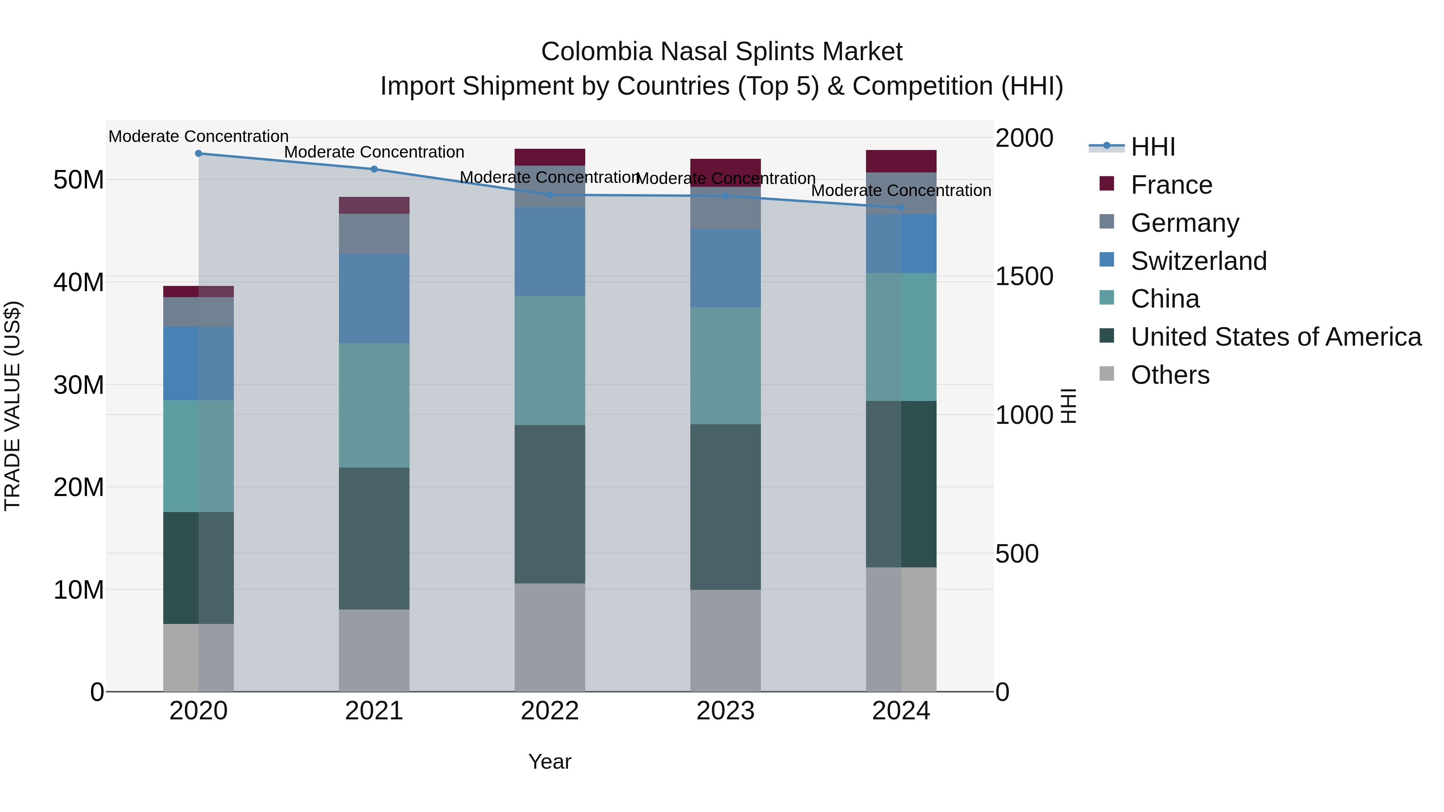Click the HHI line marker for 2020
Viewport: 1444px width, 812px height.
coord(199,154)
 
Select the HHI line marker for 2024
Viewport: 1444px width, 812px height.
coord(901,208)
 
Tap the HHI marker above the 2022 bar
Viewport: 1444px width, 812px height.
coord(550,195)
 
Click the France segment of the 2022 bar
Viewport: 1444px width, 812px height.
coord(550,157)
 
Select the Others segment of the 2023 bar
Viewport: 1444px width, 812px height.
coord(725,640)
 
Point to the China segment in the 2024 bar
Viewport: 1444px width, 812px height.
coord(901,337)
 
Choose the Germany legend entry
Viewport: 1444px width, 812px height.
coord(1184,223)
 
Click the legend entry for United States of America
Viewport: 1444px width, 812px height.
coord(1275,337)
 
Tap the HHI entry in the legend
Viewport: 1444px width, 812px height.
coord(1152,147)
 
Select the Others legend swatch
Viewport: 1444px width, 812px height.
coord(1107,374)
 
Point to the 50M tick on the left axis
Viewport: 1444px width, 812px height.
coord(79,180)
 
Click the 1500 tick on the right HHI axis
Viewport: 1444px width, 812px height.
coord(1024,276)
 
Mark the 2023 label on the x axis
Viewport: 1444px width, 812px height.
coord(725,711)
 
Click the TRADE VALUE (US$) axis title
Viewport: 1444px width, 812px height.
coord(12,406)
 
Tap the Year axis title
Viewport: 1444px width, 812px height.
coord(550,761)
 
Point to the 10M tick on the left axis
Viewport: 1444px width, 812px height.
coord(79,589)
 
